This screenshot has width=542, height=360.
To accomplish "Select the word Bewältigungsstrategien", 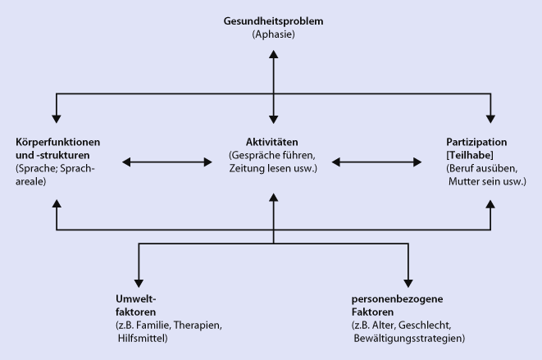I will coord(408,337).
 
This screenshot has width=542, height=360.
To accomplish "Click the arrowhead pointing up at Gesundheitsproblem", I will coord(273,54).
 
